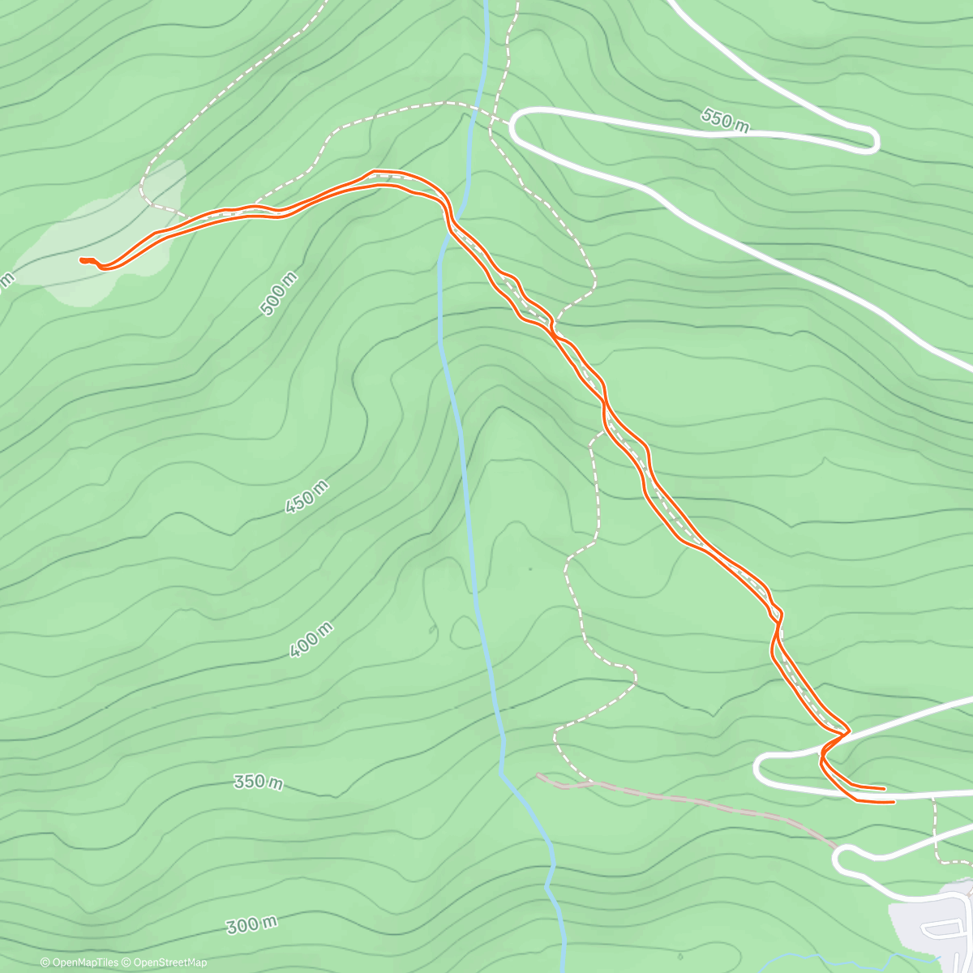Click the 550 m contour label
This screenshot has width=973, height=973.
[725, 120]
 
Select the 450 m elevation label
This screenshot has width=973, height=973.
[307, 496]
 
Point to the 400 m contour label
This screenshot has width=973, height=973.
[311, 640]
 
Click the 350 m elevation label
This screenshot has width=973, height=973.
[258, 782]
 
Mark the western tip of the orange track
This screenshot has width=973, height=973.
[81, 260]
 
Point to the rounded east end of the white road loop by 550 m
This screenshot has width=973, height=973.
[874, 141]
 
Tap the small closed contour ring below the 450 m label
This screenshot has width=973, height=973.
[465, 631]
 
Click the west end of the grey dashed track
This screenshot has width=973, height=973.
[538, 775]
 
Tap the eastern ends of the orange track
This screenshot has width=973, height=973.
[888, 795]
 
